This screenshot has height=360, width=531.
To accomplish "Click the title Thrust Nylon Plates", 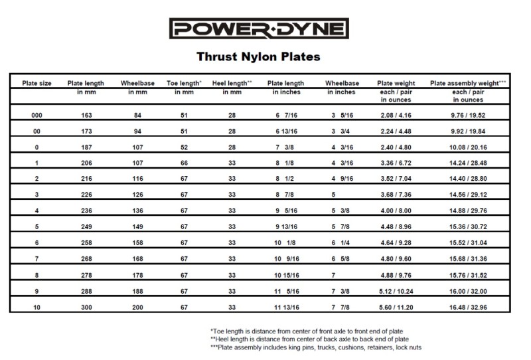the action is click(x=259, y=57).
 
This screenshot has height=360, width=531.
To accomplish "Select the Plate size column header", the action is click(x=37, y=83).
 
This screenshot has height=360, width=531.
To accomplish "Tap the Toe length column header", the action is click(x=184, y=83).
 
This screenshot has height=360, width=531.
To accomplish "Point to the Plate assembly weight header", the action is click(x=469, y=83).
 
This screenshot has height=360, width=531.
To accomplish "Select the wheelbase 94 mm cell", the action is click(x=137, y=132).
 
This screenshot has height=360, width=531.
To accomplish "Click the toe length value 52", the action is click(x=184, y=147).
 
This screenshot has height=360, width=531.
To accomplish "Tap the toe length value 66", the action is click(x=184, y=164).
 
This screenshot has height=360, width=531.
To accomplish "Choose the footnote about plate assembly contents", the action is click(x=315, y=347).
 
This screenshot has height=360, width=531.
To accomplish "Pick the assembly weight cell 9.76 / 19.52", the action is click(x=469, y=115).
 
